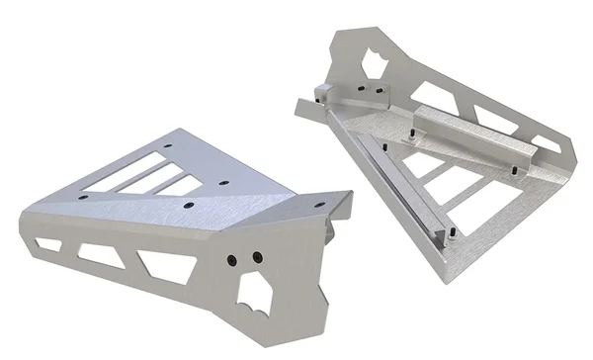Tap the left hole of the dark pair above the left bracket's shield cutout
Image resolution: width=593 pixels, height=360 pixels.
(x=231, y=259)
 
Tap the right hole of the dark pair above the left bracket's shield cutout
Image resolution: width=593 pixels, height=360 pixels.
(x=256, y=257)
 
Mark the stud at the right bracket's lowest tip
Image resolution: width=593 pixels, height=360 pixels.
(x=449, y=235)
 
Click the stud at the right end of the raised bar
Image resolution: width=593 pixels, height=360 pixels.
(x=514, y=167)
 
